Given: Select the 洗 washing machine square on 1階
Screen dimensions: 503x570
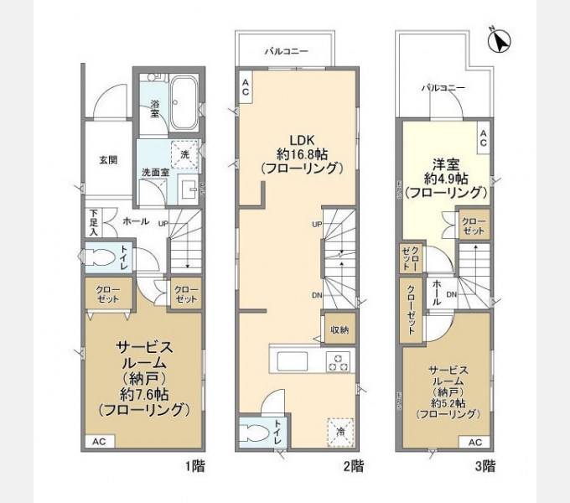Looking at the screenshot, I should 184,155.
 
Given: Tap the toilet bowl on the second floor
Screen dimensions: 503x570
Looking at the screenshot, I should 256,435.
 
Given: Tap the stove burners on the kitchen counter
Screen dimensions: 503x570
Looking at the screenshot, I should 338,362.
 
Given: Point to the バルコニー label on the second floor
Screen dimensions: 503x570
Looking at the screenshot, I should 286,52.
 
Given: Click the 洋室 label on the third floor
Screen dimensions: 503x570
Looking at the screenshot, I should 444,163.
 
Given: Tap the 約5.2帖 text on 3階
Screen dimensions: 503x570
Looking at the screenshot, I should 448,402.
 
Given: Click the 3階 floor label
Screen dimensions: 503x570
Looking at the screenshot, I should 484,464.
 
